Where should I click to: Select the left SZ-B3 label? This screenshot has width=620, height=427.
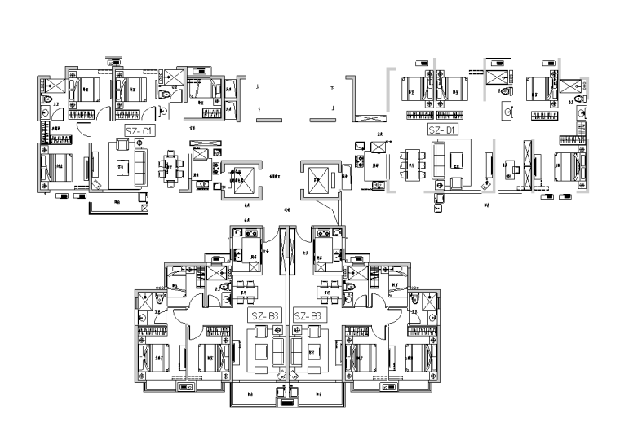264,315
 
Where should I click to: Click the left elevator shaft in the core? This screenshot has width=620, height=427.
239,177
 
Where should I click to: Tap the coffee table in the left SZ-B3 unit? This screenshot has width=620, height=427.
263,350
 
